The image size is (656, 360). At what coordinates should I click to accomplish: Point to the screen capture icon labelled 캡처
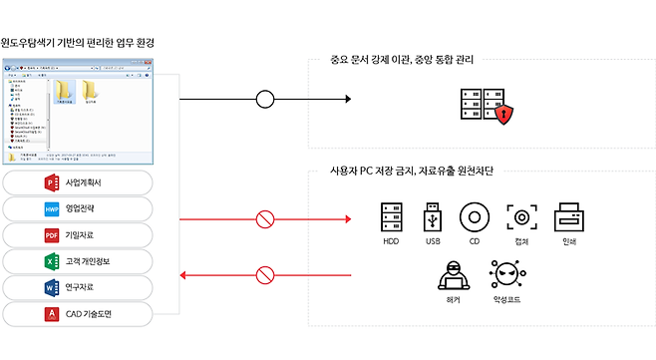coord(521,216)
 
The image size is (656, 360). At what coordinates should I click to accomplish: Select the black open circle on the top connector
coord(264,100)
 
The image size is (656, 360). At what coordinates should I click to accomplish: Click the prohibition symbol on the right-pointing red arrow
coord(264,217)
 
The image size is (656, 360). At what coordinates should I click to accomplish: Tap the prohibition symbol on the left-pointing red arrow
coord(264,273)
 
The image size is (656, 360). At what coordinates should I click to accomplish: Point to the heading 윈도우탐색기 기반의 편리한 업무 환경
coord(77,44)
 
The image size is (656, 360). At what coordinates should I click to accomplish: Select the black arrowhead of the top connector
coord(348,100)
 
